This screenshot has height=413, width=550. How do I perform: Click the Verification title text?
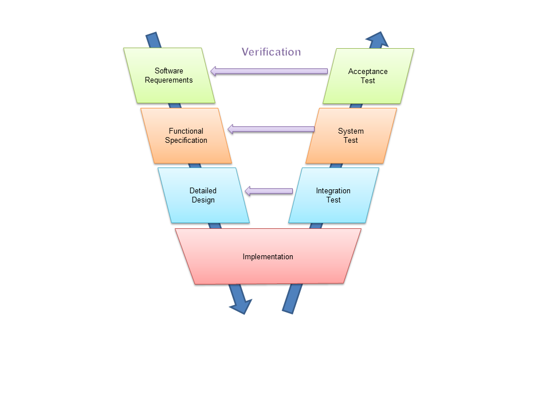point(271,52)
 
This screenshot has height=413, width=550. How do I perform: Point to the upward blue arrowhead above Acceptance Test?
point(377,40)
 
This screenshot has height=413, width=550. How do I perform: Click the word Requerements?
point(169,80)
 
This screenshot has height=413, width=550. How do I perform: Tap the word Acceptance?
point(368,72)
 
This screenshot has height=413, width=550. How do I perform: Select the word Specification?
point(186,140)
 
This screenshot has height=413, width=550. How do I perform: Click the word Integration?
point(333,191)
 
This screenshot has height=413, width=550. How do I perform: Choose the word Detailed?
point(203,191)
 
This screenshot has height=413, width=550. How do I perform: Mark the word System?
point(351,131)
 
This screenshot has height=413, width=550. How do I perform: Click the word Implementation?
point(268,257)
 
